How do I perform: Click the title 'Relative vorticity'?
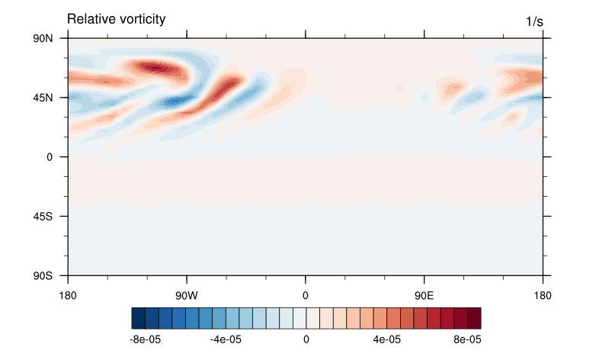[x=116, y=18]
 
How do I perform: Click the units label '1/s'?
[x=534, y=22]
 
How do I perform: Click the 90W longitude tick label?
[x=187, y=292]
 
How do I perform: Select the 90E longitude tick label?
[x=424, y=292]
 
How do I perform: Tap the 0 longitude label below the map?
[x=306, y=292]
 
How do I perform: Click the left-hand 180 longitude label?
[x=69, y=292]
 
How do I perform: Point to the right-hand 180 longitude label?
[x=542, y=292]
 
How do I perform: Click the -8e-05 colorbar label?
[x=144, y=338]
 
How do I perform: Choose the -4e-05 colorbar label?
[x=225, y=338]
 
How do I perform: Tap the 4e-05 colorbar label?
[x=386, y=338]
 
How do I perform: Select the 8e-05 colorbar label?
[x=467, y=338]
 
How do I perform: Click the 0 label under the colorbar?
[x=306, y=338]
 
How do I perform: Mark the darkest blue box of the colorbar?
[x=138, y=317]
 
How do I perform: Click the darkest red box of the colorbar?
[x=474, y=317]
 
